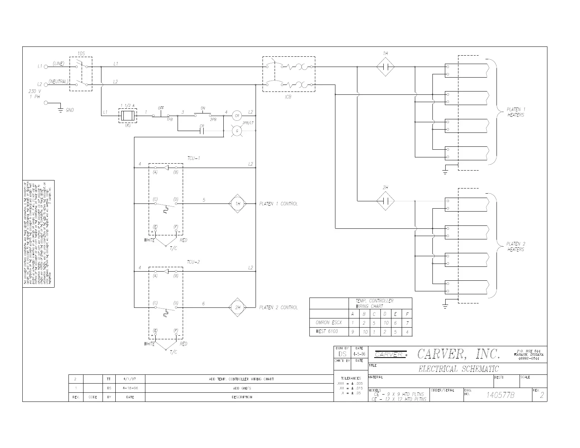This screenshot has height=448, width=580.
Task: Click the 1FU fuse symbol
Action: (x=127, y=116)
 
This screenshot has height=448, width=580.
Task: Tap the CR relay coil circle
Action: (x=237, y=116)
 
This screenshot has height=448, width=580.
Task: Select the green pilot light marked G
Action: (x=237, y=131)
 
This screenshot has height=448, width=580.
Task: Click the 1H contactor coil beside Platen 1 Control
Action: (x=238, y=204)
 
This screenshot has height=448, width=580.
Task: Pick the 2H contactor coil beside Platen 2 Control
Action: (x=238, y=307)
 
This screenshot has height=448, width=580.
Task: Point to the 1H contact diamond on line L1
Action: (x=386, y=67)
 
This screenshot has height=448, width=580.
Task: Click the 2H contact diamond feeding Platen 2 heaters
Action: (x=386, y=201)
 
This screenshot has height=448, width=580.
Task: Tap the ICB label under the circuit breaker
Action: (x=288, y=97)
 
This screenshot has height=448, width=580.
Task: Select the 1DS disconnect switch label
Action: (x=81, y=53)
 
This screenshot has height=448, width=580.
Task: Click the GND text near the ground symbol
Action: (x=70, y=110)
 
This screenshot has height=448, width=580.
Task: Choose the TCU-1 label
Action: (x=193, y=158)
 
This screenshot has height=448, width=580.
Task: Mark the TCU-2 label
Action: (x=193, y=262)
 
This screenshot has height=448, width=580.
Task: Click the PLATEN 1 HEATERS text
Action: (x=516, y=112)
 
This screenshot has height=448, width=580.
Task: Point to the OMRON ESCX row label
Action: (x=328, y=323)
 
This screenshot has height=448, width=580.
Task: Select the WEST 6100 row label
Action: (x=327, y=332)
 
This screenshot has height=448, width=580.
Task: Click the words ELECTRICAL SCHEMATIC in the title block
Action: (x=458, y=369)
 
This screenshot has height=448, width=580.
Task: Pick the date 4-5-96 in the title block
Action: (x=359, y=354)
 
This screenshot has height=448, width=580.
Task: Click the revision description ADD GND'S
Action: (x=242, y=388)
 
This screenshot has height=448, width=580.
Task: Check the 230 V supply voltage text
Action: (x=35, y=91)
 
